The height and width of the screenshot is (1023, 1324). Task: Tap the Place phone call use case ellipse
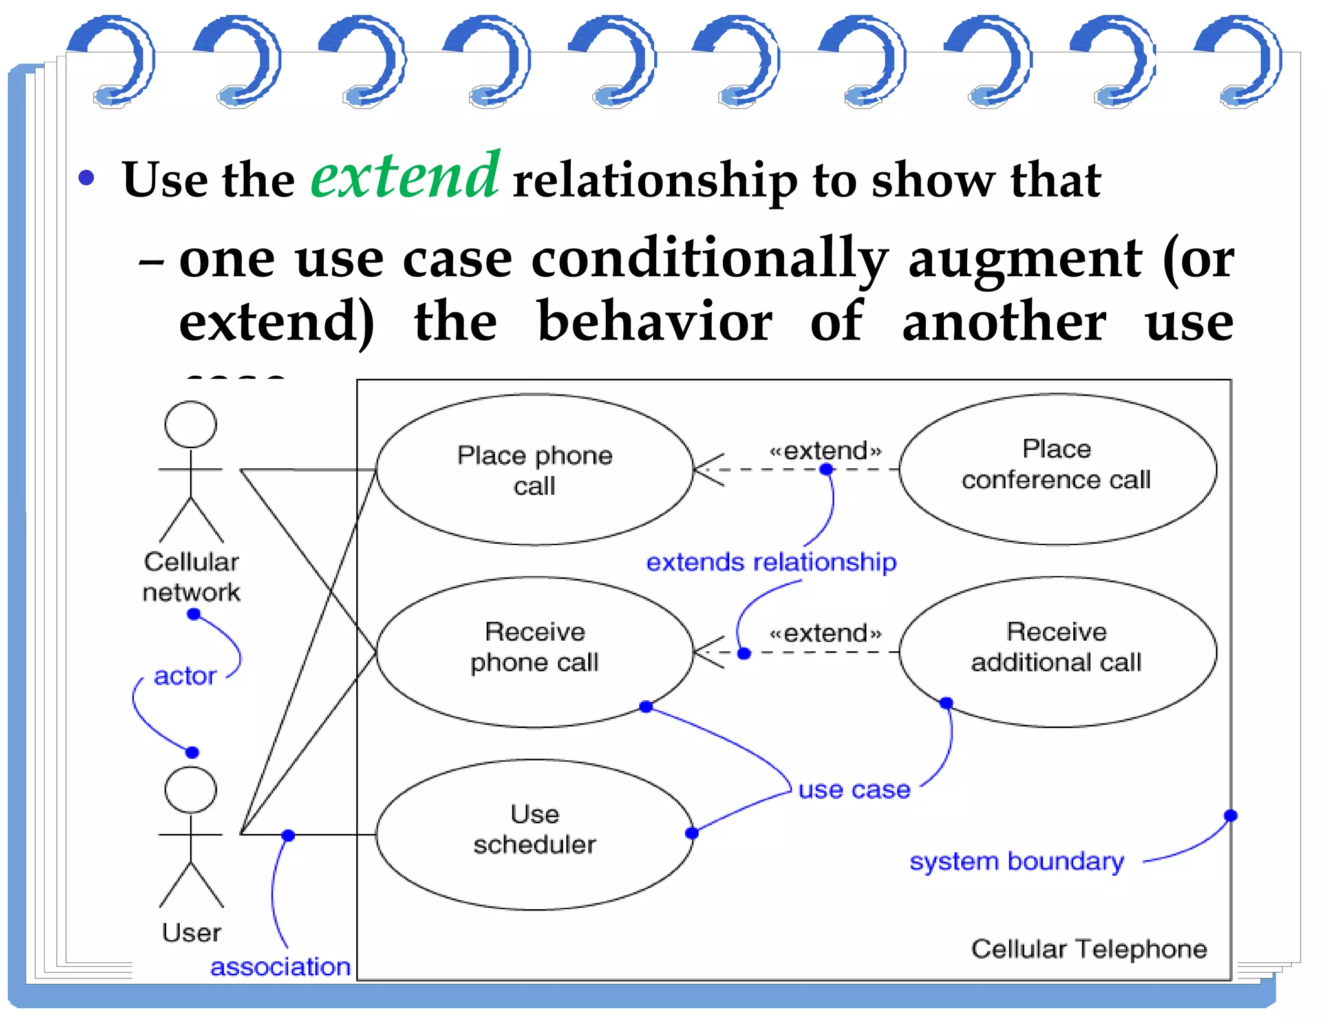[535, 470]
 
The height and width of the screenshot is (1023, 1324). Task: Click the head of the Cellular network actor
[191, 424]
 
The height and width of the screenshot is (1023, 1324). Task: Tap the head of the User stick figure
[191, 790]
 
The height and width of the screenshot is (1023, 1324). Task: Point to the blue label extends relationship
[771, 563]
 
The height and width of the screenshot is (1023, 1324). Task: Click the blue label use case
[854, 790]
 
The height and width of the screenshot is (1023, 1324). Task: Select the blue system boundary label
[1016, 862]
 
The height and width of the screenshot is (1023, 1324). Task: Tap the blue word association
[281, 967]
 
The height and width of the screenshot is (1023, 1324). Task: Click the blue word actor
[185, 676]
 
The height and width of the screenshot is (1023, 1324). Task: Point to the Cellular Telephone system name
[1089, 949]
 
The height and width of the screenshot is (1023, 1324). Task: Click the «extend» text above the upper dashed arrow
[825, 451]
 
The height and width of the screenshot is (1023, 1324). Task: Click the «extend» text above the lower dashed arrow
[825, 633]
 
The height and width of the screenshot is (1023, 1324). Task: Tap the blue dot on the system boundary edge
[1230, 815]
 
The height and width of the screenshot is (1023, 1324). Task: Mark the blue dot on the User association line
[288, 835]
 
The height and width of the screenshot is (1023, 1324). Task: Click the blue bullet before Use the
[86, 178]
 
